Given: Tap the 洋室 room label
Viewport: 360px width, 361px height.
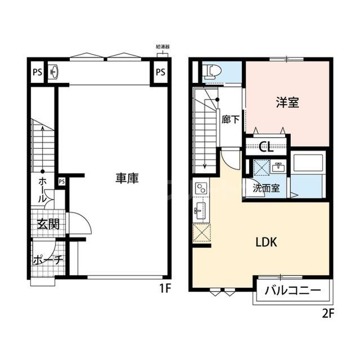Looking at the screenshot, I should coord(287,103).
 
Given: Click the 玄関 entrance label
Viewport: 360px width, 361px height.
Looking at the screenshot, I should coord(48,223).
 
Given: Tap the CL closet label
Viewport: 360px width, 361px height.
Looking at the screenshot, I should coord(266,148).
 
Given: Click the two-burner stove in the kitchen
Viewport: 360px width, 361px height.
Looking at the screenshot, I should coord(201,189).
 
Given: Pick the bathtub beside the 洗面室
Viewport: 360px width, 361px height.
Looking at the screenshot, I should coord(308,164).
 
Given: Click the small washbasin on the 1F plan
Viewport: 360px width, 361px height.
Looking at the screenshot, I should coord(54,72).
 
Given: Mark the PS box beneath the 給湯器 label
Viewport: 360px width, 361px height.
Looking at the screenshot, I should coord(161,72).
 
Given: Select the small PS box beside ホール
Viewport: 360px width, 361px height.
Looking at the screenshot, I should coord(61,181).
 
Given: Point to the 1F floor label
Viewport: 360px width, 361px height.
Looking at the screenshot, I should coord(165,288).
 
